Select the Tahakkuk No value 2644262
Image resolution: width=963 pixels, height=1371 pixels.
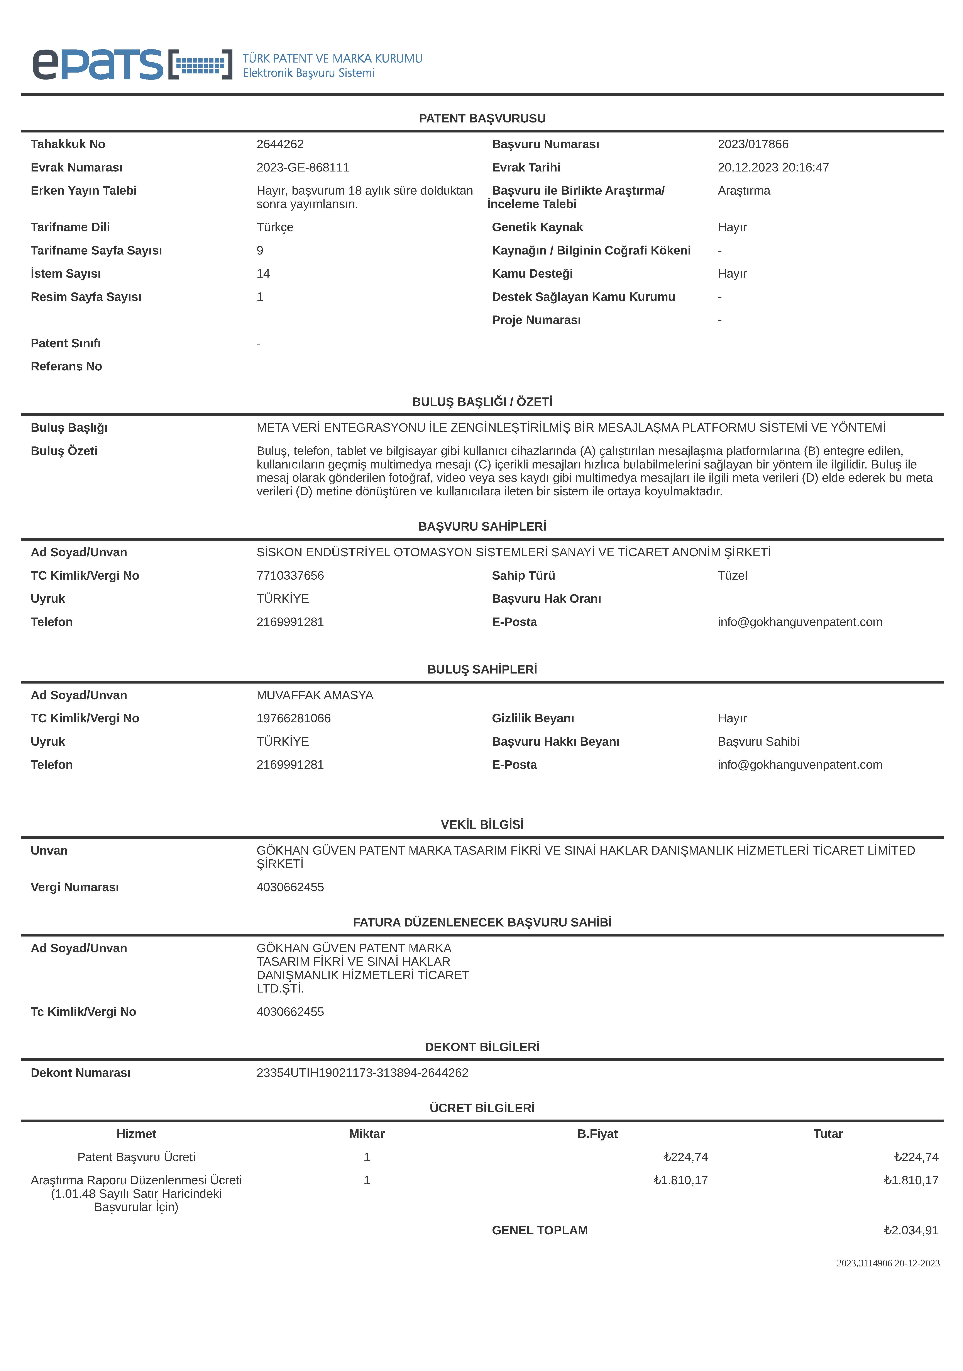[280, 144]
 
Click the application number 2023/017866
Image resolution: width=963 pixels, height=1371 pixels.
[753, 144]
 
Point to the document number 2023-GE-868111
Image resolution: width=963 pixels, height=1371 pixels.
[303, 167]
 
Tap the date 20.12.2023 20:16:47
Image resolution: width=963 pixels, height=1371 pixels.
[773, 167]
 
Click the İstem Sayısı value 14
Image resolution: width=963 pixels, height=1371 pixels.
[263, 273]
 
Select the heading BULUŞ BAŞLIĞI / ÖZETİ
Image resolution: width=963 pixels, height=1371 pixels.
[482, 402]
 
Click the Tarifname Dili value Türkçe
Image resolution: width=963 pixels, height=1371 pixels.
[275, 227]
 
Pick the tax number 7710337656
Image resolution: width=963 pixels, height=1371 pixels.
[290, 576]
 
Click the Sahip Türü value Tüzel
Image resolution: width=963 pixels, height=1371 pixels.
[732, 576]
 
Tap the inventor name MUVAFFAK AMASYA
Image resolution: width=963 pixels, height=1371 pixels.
[315, 695]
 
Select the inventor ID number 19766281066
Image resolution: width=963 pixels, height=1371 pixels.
[293, 718]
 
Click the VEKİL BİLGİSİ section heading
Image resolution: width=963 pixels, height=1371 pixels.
[482, 825]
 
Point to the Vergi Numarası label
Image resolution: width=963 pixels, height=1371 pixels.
[75, 887]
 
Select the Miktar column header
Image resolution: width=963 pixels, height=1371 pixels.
[367, 1134]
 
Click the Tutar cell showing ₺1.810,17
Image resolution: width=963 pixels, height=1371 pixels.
[911, 1181]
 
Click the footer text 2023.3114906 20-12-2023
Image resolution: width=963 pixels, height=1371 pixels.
[888, 1264]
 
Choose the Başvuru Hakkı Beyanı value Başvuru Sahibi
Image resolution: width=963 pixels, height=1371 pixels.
[758, 742]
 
